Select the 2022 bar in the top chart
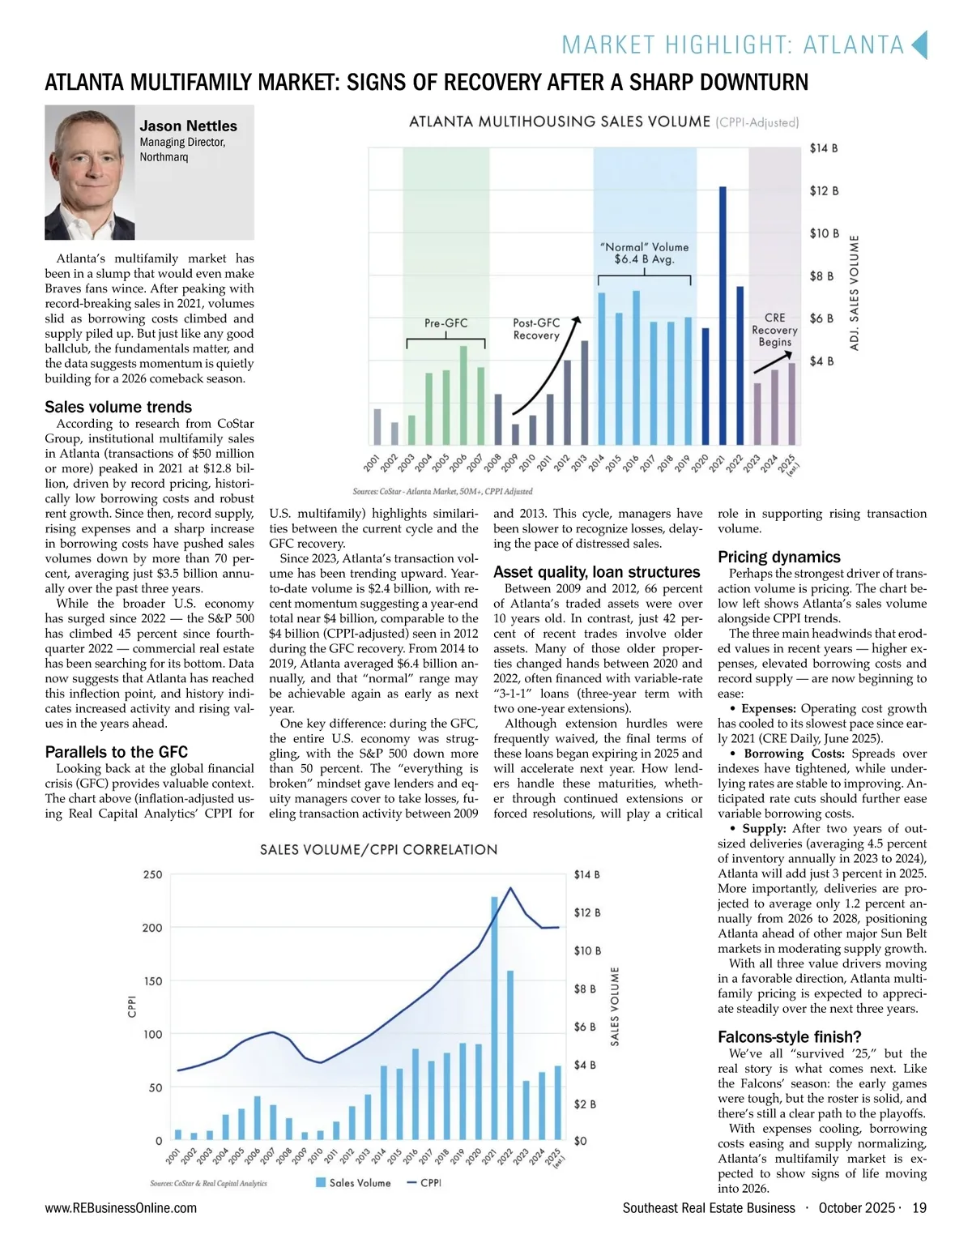coord(740,365)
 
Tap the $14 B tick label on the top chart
coord(823,148)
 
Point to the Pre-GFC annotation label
coord(446,323)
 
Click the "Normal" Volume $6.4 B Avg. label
coord(644,253)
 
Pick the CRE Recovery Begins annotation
coord(774,330)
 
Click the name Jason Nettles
coord(188,126)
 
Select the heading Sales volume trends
coord(118,407)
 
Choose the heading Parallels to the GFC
coord(116,752)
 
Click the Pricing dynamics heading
coord(778,557)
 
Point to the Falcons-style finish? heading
coord(789,1037)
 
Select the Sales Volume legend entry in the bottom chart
coord(353,1183)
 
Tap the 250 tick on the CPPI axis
coord(152,875)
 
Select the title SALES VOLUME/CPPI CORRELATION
coord(378,850)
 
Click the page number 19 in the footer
coord(919,1208)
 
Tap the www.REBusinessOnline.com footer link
coord(121,1208)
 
